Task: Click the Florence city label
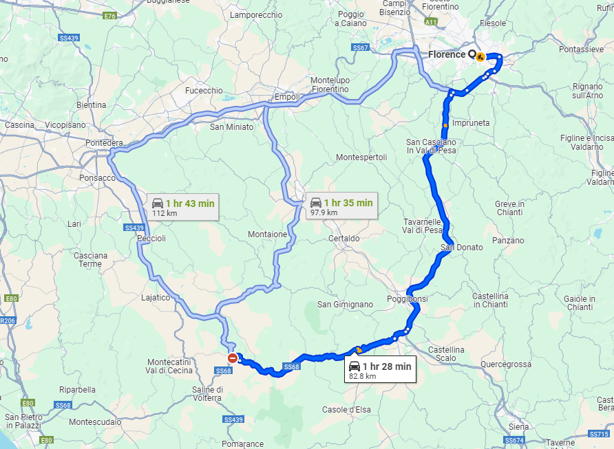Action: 447,54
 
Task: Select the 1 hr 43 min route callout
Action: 182,207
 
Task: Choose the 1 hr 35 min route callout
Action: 341,206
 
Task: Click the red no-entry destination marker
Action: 233,358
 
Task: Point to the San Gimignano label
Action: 345,304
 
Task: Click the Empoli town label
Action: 286,97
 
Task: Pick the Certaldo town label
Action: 344,239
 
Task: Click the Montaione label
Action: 268,234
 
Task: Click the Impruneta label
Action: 471,122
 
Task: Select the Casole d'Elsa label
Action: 346,410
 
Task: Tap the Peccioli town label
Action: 152,237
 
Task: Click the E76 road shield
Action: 109,15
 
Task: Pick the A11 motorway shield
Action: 431,23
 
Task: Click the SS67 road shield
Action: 361,47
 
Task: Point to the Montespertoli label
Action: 361,157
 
